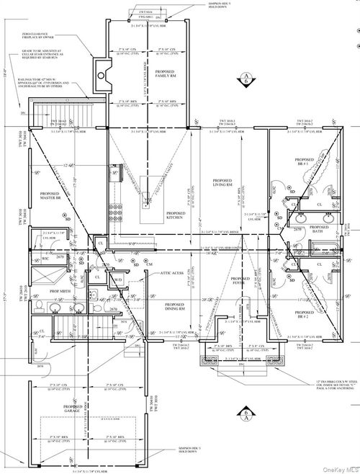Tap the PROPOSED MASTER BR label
(x=50, y=196)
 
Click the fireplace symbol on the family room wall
(x=102, y=72)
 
